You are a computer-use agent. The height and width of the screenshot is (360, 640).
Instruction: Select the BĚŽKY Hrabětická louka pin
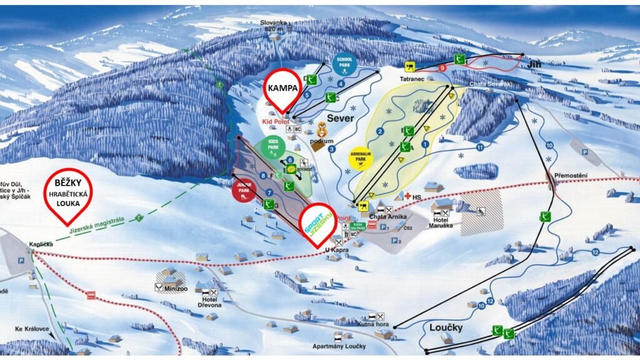pos(69,194)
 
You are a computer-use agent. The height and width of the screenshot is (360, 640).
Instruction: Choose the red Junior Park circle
pos(244,190)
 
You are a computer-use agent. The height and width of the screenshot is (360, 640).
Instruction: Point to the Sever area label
pos(340,118)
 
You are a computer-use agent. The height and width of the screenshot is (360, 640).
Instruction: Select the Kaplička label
pos(39,244)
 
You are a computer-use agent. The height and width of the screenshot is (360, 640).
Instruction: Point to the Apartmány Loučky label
pos(339,346)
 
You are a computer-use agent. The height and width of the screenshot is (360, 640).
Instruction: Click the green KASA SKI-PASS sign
pos(358,226)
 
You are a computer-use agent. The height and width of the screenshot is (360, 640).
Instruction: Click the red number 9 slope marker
pos(442,67)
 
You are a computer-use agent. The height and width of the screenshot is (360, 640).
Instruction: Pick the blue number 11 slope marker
pos(480,147)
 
